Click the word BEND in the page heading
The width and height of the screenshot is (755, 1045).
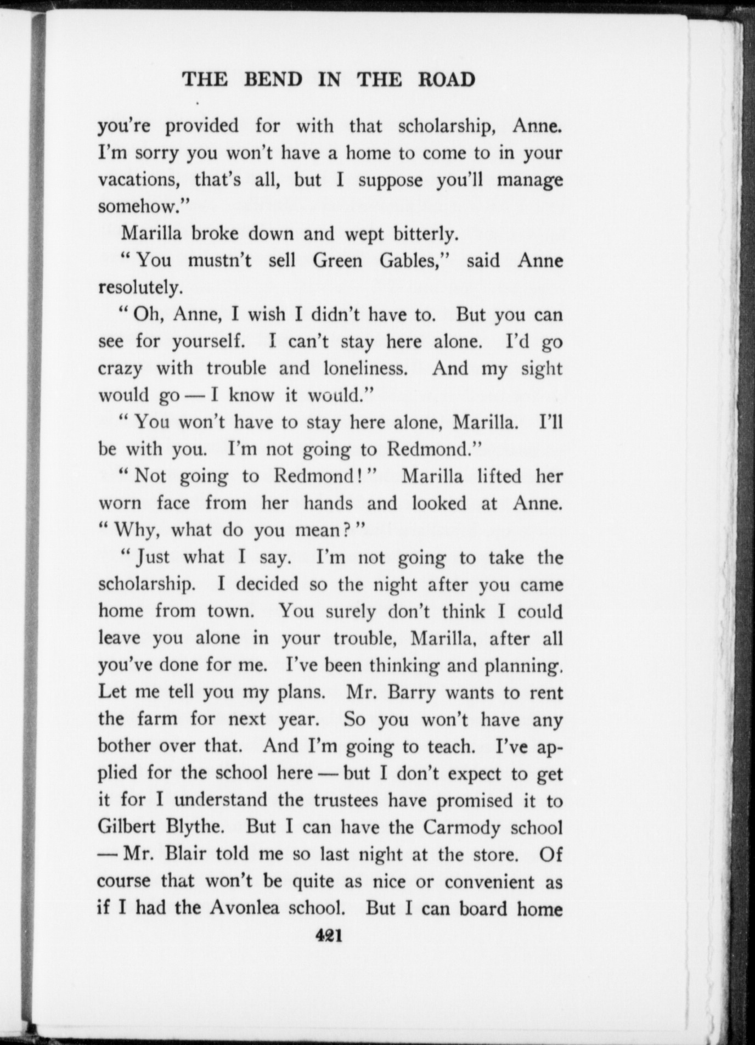[273, 80]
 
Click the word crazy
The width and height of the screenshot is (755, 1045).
[120, 369]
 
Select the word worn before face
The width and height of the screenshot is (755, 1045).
[120, 504]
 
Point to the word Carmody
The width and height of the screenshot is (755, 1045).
[458, 828]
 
